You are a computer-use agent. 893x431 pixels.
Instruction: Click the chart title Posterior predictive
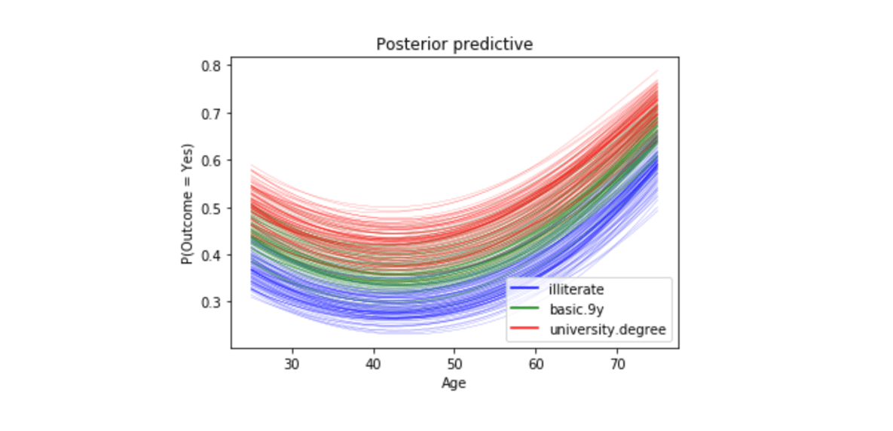click(x=454, y=44)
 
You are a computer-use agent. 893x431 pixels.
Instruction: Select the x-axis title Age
click(x=454, y=383)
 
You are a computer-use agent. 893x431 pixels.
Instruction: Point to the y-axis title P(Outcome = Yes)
click(x=185, y=203)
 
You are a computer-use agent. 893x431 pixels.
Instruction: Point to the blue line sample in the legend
click(x=524, y=289)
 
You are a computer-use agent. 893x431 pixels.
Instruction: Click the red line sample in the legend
click(x=524, y=329)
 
